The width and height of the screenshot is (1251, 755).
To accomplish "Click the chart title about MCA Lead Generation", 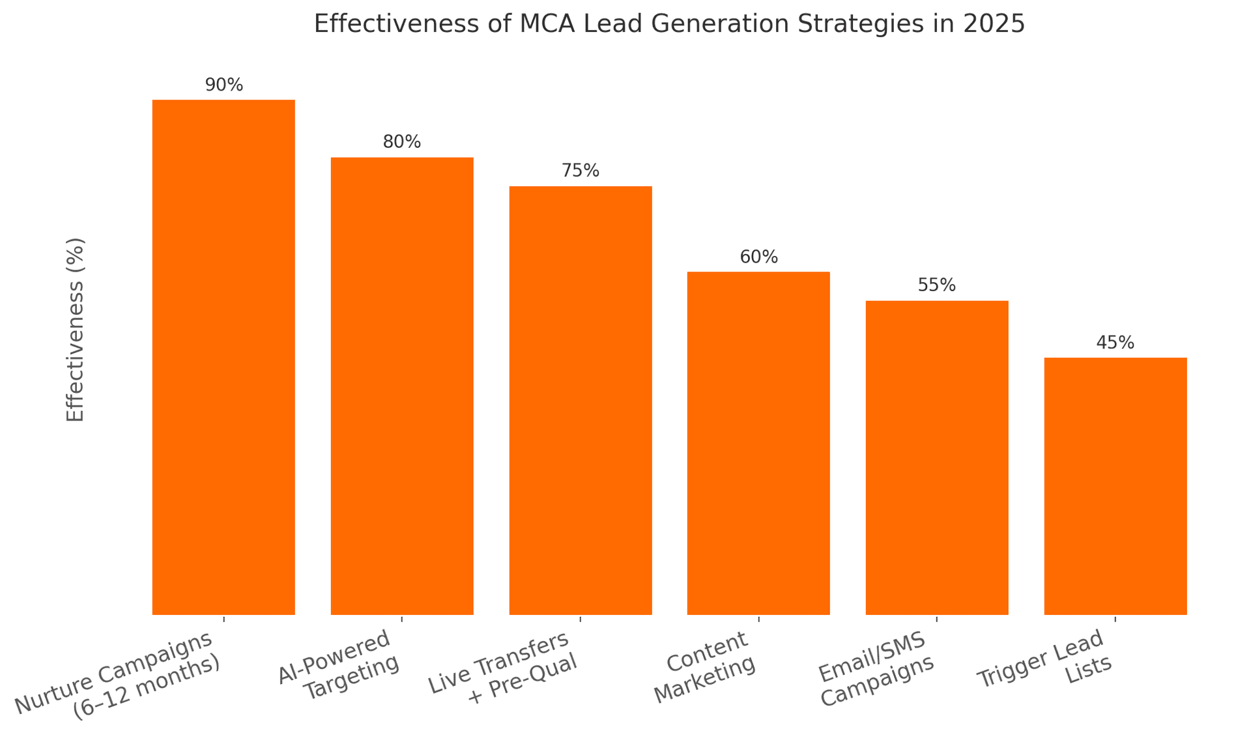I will pyautogui.click(x=669, y=24).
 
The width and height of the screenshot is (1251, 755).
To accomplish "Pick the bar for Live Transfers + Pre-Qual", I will pyautogui.click(x=580, y=400).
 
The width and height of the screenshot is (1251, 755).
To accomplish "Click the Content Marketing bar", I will pyautogui.click(x=758, y=443).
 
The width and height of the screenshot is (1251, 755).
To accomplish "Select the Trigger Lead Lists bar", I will pyautogui.click(x=1115, y=486).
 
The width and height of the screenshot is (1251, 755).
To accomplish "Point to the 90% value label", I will pyautogui.click(x=223, y=85).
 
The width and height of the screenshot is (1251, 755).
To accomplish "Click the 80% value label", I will pyautogui.click(x=402, y=142).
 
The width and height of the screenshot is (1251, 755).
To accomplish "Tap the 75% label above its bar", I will pyautogui.click(x=580, y=171).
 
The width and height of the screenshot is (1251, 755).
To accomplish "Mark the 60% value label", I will pyautogui.click(x=758, y=257).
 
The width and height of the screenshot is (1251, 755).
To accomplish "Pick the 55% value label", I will pyautogui.click(x=936, y=285).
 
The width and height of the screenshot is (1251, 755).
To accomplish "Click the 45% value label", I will pyautogui.click(x=1115, y=343).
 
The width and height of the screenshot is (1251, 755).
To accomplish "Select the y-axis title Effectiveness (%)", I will pyautogui.click(x=76, y=330).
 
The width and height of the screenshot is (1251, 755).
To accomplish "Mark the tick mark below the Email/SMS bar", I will pyautogui.click(x=936, y=619).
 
